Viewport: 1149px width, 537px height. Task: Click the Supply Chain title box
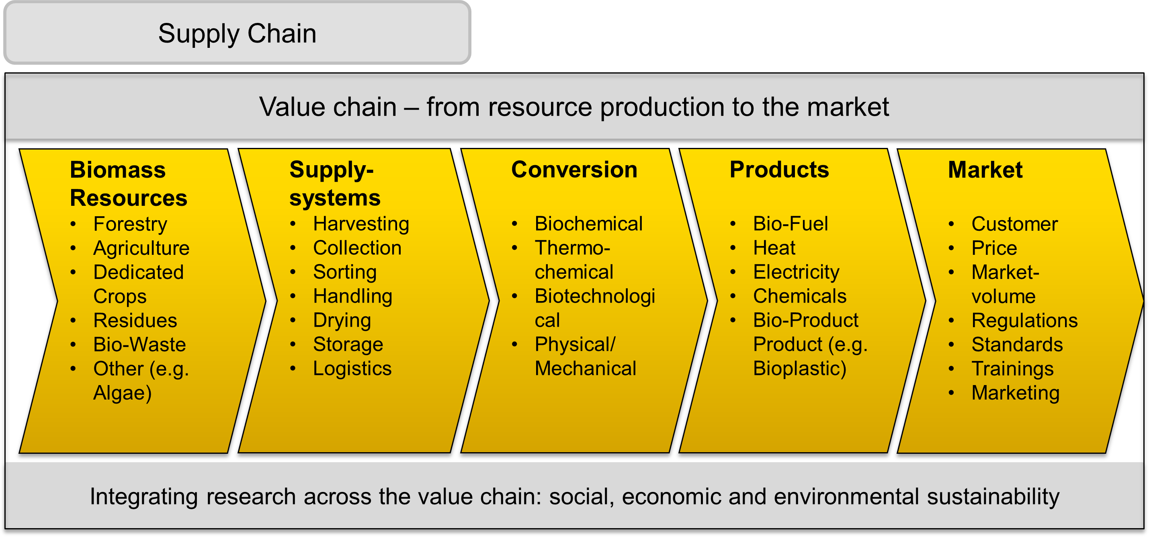point(237,33)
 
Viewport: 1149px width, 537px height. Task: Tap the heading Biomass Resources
point(128,183)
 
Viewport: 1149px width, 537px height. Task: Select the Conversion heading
point(574,170)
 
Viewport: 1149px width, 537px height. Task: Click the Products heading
point(779,170)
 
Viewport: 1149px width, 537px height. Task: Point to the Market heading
point(985,170)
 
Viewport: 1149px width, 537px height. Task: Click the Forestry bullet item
point(130,224)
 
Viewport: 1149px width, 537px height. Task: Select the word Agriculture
point(141,248)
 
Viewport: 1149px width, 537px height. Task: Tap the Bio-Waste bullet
point(139,344)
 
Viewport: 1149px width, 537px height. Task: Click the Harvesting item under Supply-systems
point(361,224)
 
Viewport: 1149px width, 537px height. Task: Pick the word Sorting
point(344,272)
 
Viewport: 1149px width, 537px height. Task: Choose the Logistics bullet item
point(352,369)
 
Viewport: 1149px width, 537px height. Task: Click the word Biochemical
point(588,224)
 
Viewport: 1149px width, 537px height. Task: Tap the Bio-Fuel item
point(790,224)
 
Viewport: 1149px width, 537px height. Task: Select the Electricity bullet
point(796,272)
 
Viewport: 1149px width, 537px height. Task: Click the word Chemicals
point(799,296)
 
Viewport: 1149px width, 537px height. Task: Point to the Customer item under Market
point(1014,224)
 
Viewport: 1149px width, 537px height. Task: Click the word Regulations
point(1024,320)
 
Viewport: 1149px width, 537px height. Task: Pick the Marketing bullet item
point(1015,392)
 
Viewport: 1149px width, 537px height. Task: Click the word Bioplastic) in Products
point(799,369)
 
